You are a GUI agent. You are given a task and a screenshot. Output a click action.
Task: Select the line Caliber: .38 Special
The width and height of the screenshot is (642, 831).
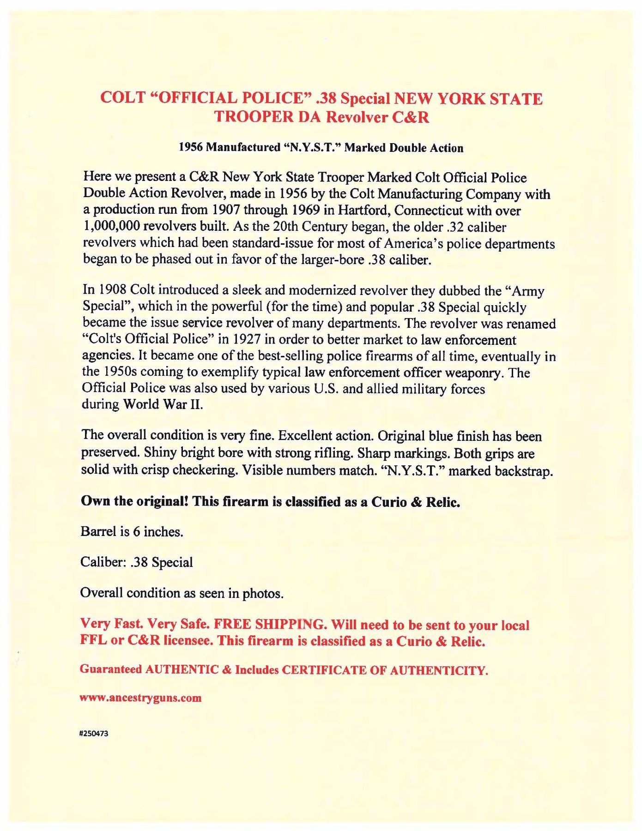coord(137,562)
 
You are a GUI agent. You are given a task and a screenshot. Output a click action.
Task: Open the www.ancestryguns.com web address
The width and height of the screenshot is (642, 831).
coord(141,698)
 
